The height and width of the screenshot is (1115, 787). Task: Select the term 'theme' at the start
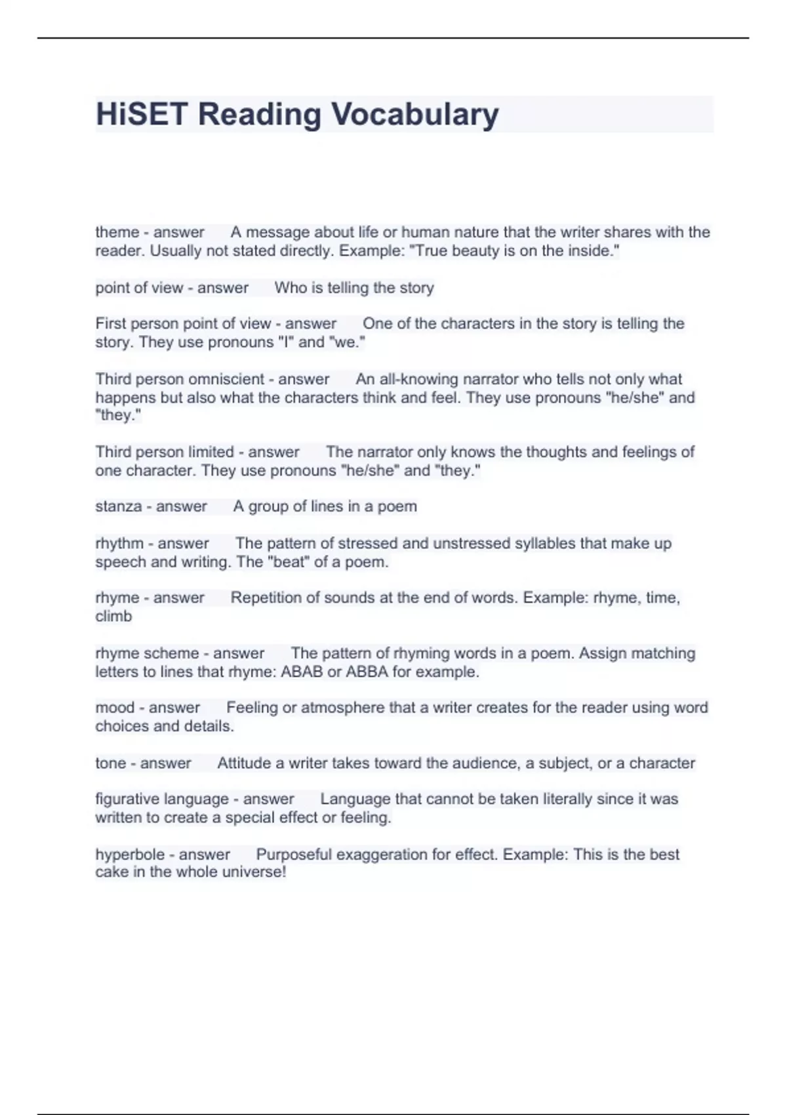click(x=117, y=232)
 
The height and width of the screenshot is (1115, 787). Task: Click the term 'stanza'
click(x=119, y=506)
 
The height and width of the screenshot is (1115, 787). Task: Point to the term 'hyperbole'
click(x=130, y=855)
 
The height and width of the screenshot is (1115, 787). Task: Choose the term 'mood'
click(x=115, y=708)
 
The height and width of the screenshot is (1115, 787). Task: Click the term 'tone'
click(x=111, y=763)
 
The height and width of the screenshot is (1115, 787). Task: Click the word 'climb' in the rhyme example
click(x=113, y=617)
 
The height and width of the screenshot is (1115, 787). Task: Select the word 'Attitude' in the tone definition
click(x=244, y=763)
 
